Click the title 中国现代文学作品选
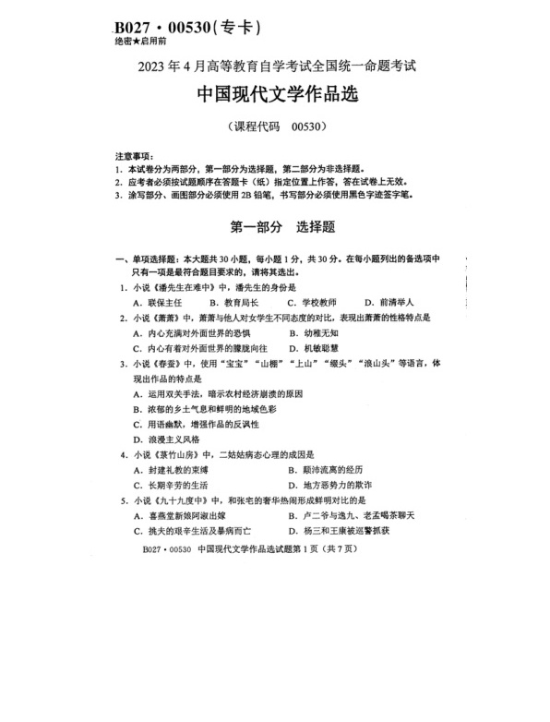(x=276, y=95)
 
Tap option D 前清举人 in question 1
(x=389, y=302)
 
